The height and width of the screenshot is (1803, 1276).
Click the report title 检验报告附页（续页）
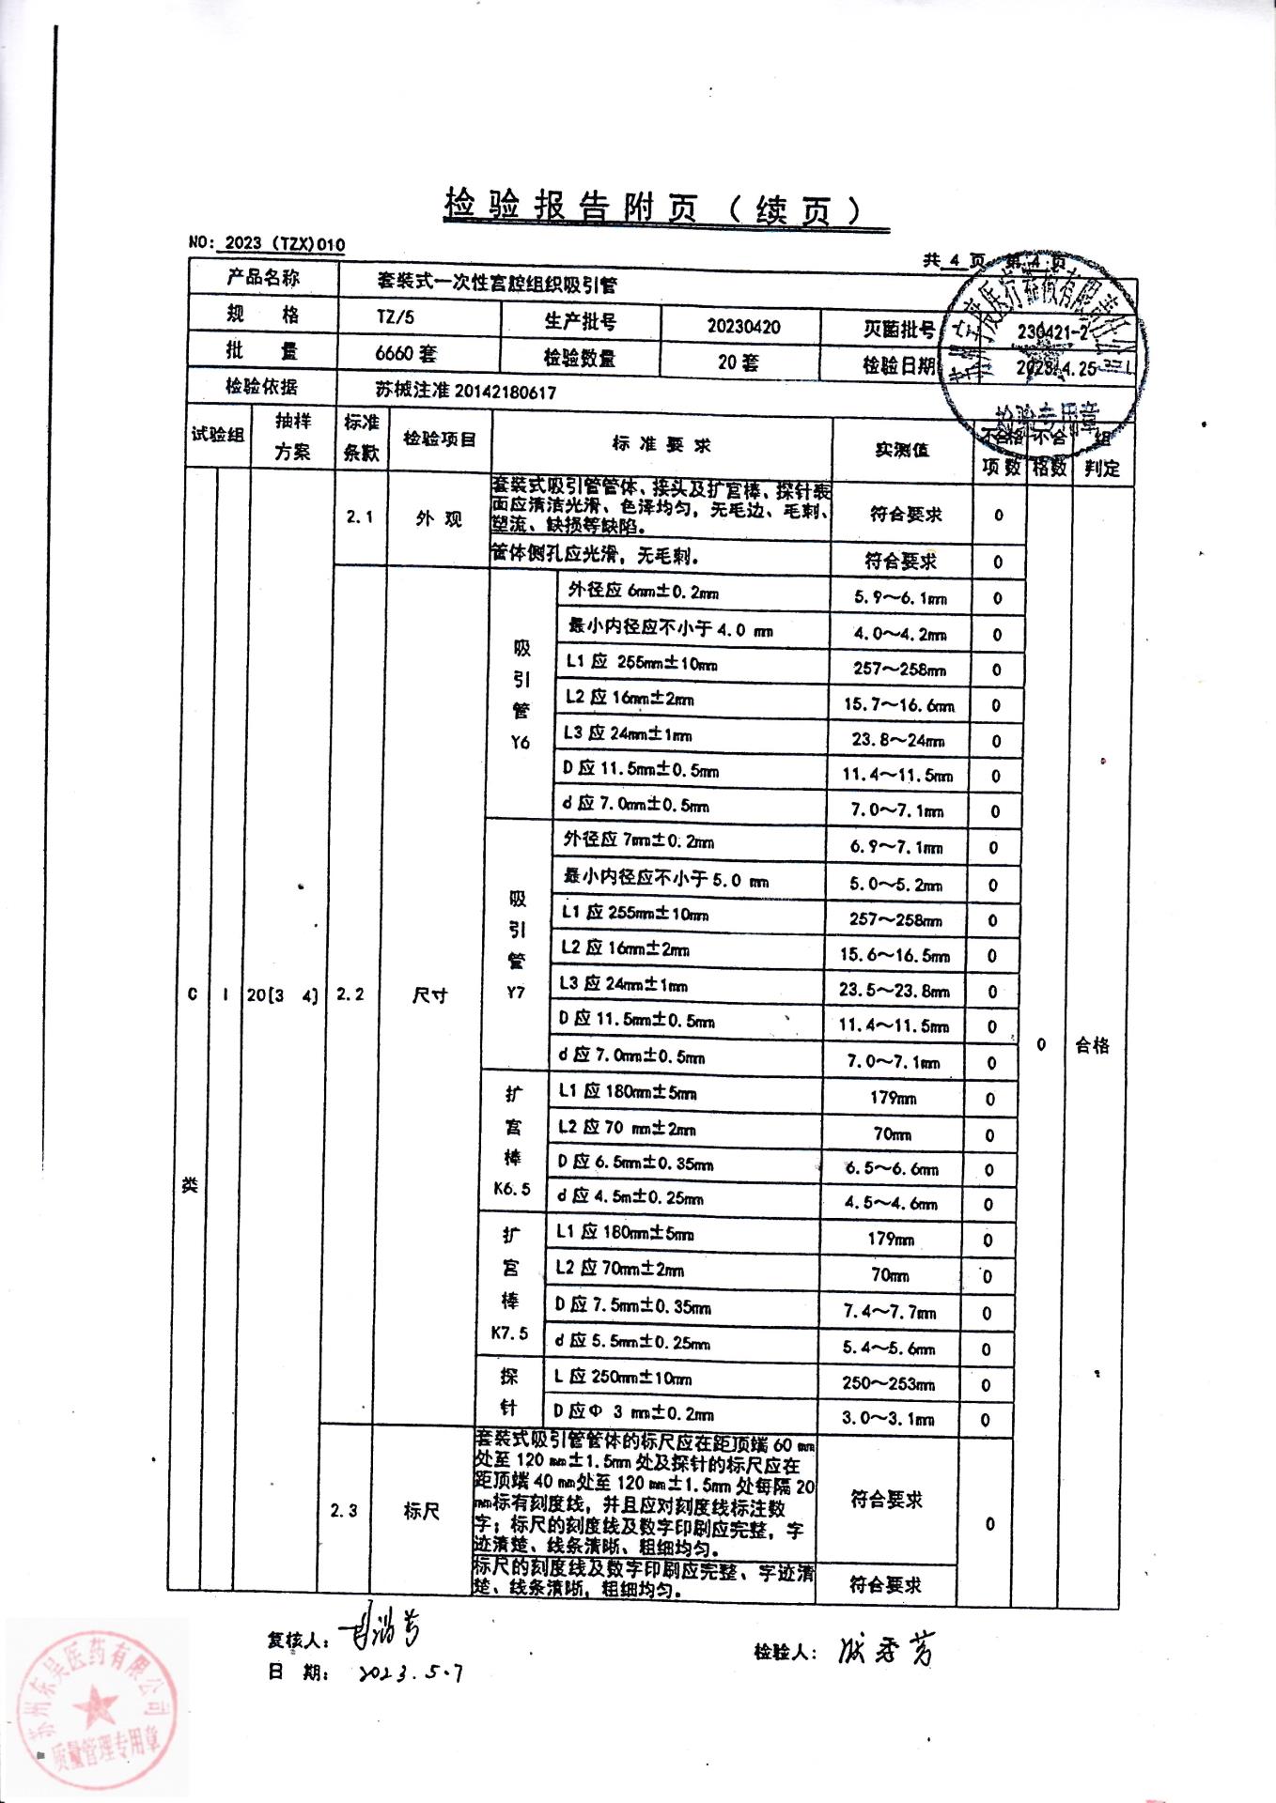tap(652, 208)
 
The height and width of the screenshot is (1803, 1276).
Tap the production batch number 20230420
tap(743, 327)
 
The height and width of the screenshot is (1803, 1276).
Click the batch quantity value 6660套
tap(406, 354)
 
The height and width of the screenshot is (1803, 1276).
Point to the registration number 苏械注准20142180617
tap(465, 392)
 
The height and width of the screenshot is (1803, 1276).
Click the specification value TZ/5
tap(396, 316)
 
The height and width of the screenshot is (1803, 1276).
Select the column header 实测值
tap(901, 450)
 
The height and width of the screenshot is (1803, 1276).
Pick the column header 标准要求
tap(661, 445)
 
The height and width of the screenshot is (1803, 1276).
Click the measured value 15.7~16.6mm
tap(898, 704)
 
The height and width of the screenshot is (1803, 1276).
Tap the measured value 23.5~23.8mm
tap(894, 991)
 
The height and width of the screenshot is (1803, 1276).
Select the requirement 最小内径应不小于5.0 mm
tap(666, 879)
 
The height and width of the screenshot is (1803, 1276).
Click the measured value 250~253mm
tap(888, 1383)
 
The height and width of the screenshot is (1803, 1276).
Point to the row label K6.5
tap(512, 1189)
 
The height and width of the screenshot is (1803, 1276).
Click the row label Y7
tap(516, 992)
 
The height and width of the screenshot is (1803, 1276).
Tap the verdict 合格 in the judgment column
tap(1092, 1045)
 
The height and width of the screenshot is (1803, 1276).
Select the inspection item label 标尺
tap(421, 1511)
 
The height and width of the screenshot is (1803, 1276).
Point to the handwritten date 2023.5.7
tap(410, 1672)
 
